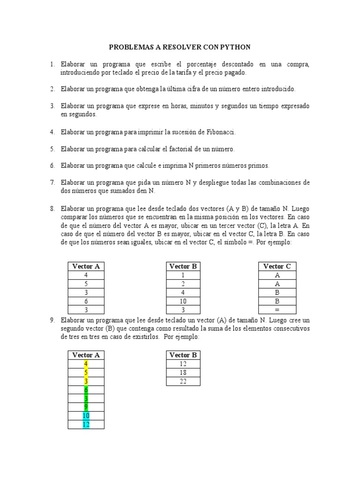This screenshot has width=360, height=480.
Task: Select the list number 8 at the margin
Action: pyautogui.click(x=53, y=208)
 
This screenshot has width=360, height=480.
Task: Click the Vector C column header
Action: pyautogui.click(x=277, y=266)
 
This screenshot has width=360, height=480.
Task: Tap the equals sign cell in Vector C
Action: pyautogui.click(x=277, y=310)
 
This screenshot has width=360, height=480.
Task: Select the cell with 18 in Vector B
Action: pyautogui.click(x=183, y=373)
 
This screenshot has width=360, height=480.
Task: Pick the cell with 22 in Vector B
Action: pyautogui.click(x=183, y=382)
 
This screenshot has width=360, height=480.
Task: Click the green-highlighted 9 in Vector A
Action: pyautogui.click(x=86, y=407)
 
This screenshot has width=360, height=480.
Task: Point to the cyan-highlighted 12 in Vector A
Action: pyautogui.click(x=86, y=424)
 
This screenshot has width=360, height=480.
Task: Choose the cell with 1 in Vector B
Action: pyautogui.click(x=183, y=275)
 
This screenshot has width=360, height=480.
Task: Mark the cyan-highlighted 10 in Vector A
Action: pyautogui.click(x=86, y=416)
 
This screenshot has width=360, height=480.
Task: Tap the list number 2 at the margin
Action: pyautogui.click(x=53, y=89)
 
